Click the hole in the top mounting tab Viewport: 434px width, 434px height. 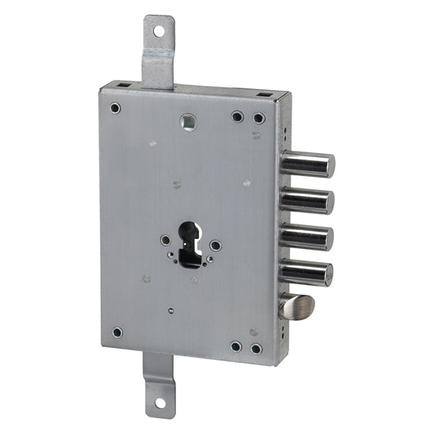pyautogui.click(x=159, y=32)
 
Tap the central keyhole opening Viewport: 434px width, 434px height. pyautogui.click(x=190, y=243)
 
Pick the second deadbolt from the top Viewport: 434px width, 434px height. pyautogui.click(x=308, y=201)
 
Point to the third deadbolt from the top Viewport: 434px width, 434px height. pyautogui.click(x=308, y=237)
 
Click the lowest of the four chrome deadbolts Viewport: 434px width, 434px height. pyautogui.click(x=308, y=274)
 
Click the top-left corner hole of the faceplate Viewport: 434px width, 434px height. pyautogui.click(x=115, y=108)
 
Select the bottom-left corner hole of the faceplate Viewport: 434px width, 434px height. pyautogui.click(x=117, y=332)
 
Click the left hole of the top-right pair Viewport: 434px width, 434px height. pyautogui.click(x=237, y=116)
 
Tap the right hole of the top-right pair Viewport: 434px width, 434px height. pyautogui.click(x=259, y=118)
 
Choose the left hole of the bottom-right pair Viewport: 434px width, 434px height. pyautogui.click(x=236, y=346)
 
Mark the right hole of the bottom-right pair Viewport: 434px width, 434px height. pyautogui.click(x=256, y=349)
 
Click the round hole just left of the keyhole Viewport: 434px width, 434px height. pyautogui.click(x=165, y=241)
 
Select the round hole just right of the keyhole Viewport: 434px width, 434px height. pyautogui.click(x=215, y=246)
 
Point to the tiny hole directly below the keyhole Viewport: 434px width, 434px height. pyautogui.click(x=170, y=311)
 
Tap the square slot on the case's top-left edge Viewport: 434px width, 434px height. pyautogui.click(x=119, y=84)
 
